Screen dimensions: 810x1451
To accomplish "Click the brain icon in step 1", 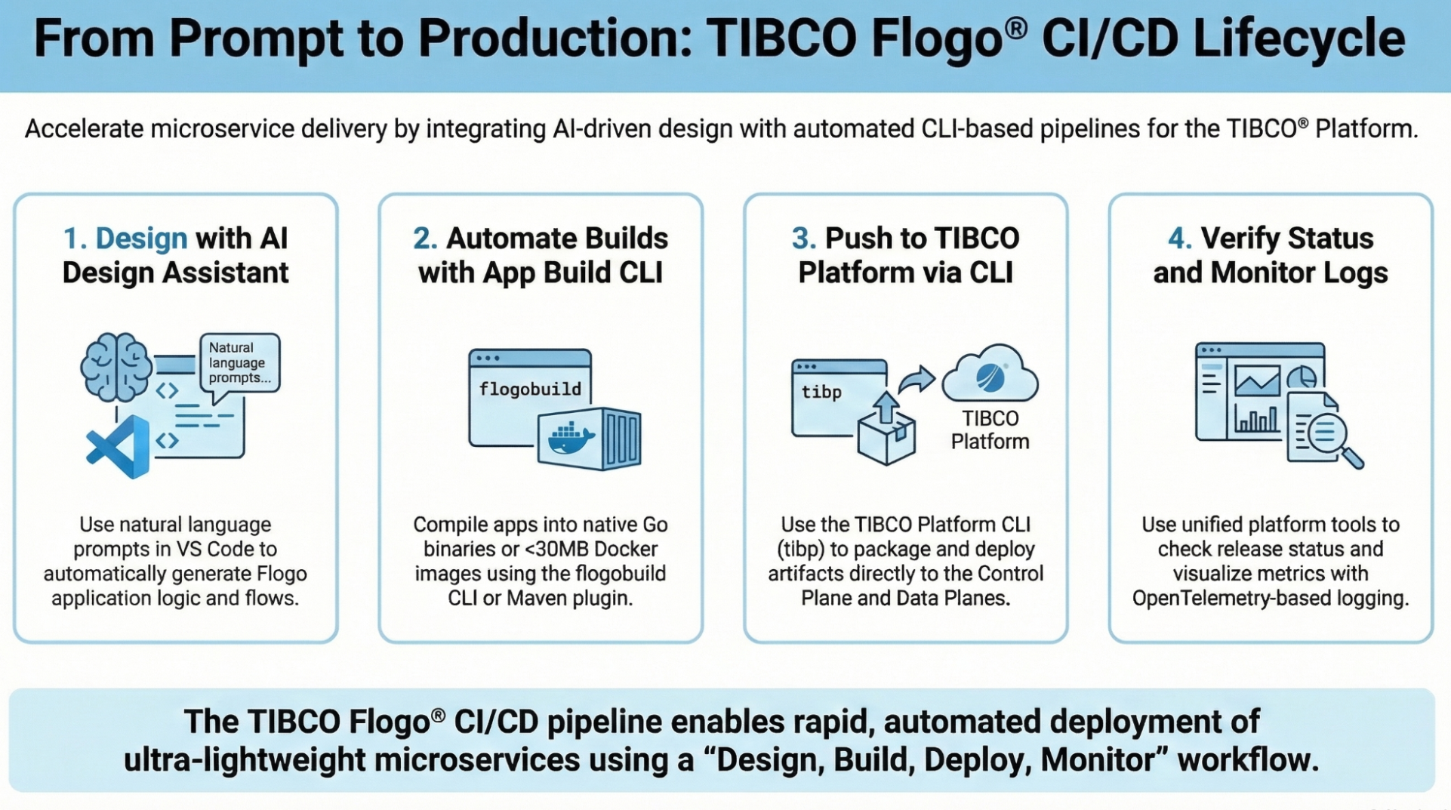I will [x=116, y=367].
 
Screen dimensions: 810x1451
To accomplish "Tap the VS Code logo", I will [x=119, y=447].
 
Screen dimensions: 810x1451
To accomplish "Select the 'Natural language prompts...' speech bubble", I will [x=239, y=363].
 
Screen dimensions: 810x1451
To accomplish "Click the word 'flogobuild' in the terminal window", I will [x=530, y=389].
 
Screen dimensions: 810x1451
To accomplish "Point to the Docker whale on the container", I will [x=571, y=439].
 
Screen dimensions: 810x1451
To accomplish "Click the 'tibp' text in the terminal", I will [x=821, y=392].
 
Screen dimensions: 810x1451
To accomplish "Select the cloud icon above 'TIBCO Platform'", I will [x=990, y=374].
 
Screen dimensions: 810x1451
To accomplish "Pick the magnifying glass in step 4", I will [x=1332, y=438].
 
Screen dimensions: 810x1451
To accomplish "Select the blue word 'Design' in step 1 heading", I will [x=141, y=239].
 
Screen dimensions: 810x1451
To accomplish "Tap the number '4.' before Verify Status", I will [x=1179, y=239].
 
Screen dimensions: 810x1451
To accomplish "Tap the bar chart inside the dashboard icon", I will [x=1255, y=418].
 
